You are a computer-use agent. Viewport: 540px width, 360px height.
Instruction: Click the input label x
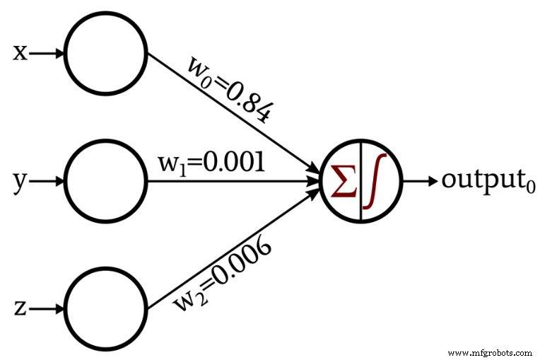click(x=20, y=52)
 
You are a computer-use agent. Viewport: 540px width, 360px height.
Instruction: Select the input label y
click(x=20, y=182)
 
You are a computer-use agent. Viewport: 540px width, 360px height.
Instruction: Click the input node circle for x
click(x=106, y=52)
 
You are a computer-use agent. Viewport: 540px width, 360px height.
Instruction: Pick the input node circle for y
click(x=106, y=180)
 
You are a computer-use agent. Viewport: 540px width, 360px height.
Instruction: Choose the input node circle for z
click(x=106, y=308)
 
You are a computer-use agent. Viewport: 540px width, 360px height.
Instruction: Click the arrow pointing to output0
click(x=420, y=180)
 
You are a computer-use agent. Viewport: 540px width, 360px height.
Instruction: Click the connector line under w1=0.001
click(x=233, y=180)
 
